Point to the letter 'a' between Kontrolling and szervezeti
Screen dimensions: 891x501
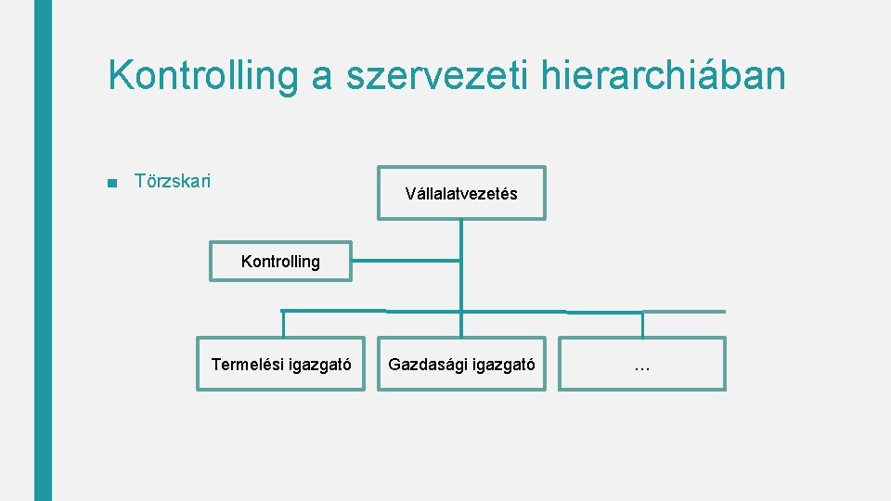point(322,78)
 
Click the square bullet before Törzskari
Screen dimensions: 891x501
point(112,182)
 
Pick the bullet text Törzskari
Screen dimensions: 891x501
point(173,180)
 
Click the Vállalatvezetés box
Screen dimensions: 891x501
point(461,193)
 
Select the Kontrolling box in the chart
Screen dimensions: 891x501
point(280,262)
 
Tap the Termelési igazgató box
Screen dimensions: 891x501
point(280,365)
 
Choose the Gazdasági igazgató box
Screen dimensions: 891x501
point(461,365)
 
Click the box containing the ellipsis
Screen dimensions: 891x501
point(641,365)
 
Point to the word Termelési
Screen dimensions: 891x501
point(248,365)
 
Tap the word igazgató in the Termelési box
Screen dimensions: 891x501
point(319,365)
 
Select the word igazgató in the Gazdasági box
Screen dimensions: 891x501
point(504,365)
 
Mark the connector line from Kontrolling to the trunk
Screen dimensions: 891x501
point(406,261)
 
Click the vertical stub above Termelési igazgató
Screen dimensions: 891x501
point(283,323)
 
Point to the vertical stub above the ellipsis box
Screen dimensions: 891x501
point(642,324)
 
